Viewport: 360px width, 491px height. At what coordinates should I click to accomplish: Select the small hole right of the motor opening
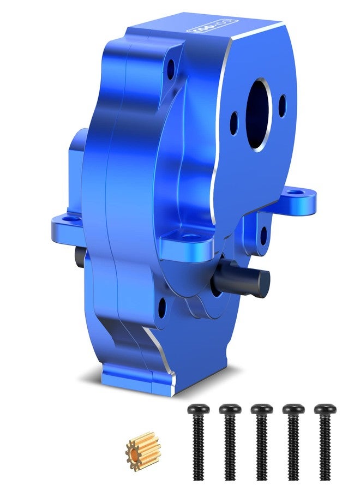[282, 105]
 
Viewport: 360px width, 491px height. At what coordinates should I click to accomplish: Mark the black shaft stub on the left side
[80, 257]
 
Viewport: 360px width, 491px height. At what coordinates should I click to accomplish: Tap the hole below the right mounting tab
[263, 234]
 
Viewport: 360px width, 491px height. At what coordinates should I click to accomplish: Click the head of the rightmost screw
[325, 408]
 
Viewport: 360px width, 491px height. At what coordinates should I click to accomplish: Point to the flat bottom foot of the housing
[136, 376]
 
